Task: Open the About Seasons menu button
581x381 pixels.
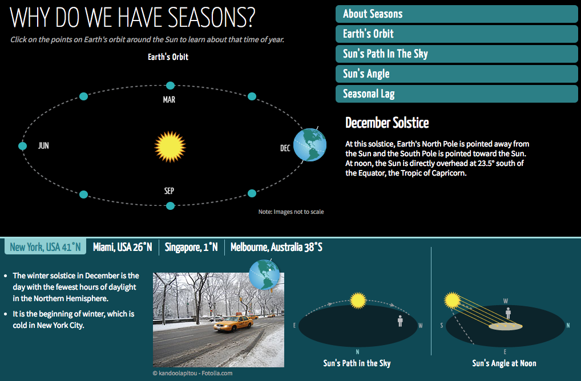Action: pos(457,14)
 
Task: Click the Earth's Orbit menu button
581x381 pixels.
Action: pos(457,34)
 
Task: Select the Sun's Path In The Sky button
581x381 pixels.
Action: pos(457,54)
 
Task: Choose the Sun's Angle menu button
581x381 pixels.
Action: pos(457,74)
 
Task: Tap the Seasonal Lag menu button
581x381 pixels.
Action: pos(457,94)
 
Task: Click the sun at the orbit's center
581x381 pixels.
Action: pos(170,146)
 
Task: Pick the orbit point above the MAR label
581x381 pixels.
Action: pos(170,86)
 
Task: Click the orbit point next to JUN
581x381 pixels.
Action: pos(23,146)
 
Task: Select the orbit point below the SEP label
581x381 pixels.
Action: pos(170,205)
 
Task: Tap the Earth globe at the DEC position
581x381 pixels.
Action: pos(310,144)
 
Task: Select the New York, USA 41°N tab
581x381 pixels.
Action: pos(45,247)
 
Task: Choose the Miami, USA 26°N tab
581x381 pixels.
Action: pos(123,247)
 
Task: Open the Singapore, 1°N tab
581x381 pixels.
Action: pos(192,247)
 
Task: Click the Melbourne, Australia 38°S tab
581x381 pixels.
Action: pos(276,247)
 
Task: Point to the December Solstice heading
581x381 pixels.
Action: pos(387,123)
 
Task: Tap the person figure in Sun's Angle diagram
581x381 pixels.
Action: pos(508,313)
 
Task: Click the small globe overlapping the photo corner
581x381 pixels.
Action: pos(264,275)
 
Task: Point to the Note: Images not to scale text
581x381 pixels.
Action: pos(291,212)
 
